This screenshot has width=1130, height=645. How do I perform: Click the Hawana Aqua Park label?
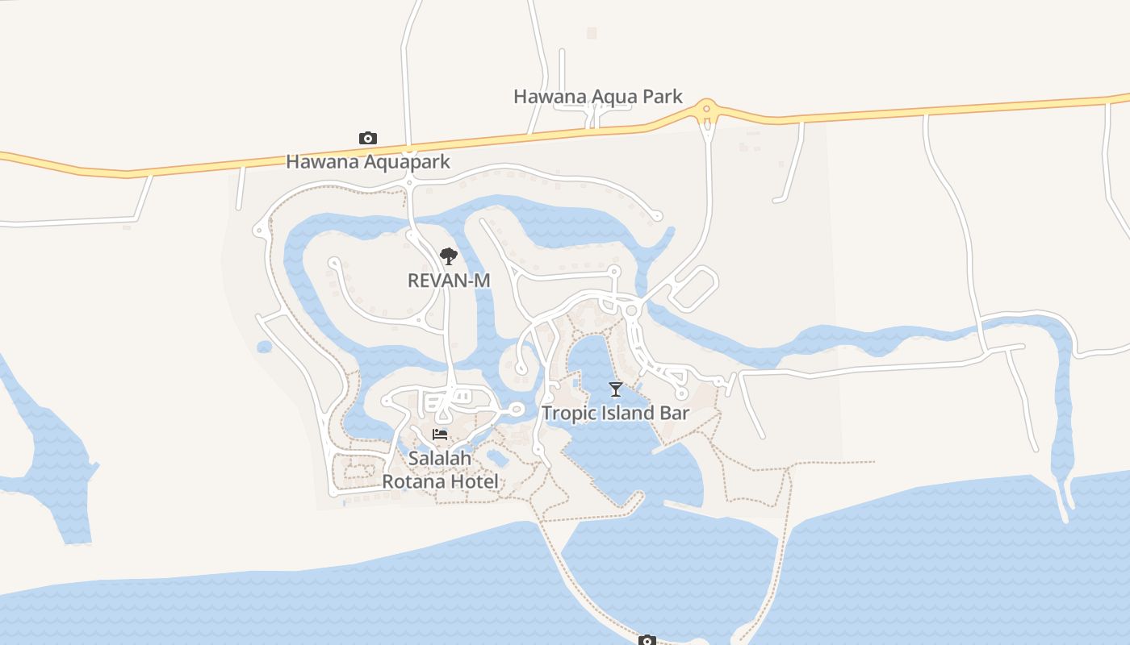[598, 97]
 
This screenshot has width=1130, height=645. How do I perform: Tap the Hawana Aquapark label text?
[368, 161]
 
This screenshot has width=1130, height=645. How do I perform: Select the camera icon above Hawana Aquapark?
[367, 139]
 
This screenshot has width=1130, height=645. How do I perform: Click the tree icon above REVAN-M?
[449, 256]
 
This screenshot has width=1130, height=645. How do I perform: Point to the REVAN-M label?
[449, 280]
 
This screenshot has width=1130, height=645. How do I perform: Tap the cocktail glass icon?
[616, 390]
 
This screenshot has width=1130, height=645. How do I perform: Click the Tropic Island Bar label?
[615, 413]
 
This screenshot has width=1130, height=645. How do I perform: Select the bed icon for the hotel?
[440, 435]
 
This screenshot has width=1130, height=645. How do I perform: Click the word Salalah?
[440, 458]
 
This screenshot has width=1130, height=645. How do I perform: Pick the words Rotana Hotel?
[440, 481]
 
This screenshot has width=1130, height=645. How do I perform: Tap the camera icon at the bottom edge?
[647, 640]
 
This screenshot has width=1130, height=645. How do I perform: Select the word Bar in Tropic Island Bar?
[675, 413]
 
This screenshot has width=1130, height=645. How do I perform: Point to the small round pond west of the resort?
[264, 347]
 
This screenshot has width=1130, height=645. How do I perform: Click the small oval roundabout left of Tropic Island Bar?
[517, 410]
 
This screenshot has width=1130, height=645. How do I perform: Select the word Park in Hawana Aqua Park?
[663, 97]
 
